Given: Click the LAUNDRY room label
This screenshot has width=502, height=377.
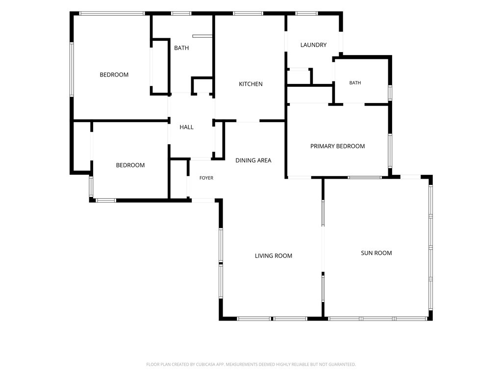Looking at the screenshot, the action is [313, 45].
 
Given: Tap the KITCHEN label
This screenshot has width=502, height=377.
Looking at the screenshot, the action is [251, 84].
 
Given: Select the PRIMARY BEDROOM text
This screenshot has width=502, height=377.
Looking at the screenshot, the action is [337, 146].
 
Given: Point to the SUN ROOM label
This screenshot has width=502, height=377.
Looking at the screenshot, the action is [376, 253].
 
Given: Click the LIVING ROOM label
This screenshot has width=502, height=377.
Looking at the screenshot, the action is [274, 256].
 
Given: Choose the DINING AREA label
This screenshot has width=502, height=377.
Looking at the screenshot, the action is [253, 161].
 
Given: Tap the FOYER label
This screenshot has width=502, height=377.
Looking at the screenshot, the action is [206, 178].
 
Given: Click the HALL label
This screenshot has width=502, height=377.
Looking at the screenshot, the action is [186, 127].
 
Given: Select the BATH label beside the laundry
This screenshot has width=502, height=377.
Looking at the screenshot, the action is [355, 82].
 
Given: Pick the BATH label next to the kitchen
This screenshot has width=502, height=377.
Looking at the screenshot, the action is [181, 48].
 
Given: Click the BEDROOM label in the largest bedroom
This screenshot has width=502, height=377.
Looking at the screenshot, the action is [114, 75].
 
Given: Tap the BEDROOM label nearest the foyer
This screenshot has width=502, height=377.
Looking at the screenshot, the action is [130, 165].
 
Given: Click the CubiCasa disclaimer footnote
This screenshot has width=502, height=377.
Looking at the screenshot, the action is [251, 364].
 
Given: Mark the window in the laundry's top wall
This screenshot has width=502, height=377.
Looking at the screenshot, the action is [306, 13].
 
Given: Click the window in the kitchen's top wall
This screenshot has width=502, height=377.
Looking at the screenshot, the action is [248, 13].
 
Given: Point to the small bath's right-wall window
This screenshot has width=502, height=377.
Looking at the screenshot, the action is [390, 93].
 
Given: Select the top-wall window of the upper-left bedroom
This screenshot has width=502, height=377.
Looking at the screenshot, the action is [112, 13].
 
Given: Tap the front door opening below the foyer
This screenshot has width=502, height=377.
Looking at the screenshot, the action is [203, 201].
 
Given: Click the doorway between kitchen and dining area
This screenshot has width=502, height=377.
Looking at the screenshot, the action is [248, 121].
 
